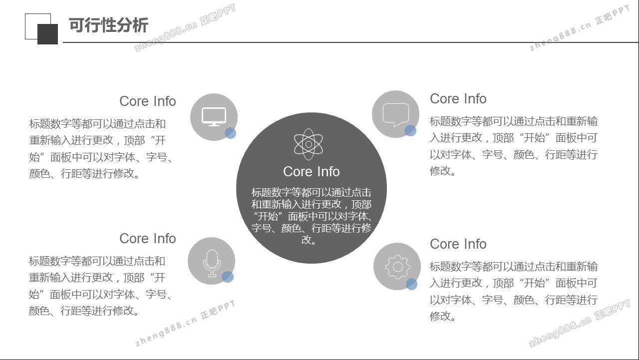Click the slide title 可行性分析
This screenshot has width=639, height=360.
108,25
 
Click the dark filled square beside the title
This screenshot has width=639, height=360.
47,34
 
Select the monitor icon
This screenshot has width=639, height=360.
214,117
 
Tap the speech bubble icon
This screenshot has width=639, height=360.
396,115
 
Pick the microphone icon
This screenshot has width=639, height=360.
212,263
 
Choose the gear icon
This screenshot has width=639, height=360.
398,267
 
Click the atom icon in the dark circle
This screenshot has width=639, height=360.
309,144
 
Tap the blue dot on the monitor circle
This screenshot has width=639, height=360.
230,133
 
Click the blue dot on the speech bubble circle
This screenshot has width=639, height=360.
410,131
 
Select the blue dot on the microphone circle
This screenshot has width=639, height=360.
228,277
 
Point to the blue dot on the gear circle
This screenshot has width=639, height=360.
411,284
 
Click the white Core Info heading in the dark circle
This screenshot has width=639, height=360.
311,172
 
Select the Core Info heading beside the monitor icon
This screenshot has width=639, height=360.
147,101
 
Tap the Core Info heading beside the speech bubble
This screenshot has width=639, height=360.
458,99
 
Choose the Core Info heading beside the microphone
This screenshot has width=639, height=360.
147,239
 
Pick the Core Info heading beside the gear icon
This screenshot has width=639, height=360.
458,244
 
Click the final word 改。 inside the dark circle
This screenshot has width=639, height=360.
309,240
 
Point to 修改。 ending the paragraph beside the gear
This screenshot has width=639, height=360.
442,316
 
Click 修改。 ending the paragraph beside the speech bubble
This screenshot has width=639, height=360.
442,171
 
